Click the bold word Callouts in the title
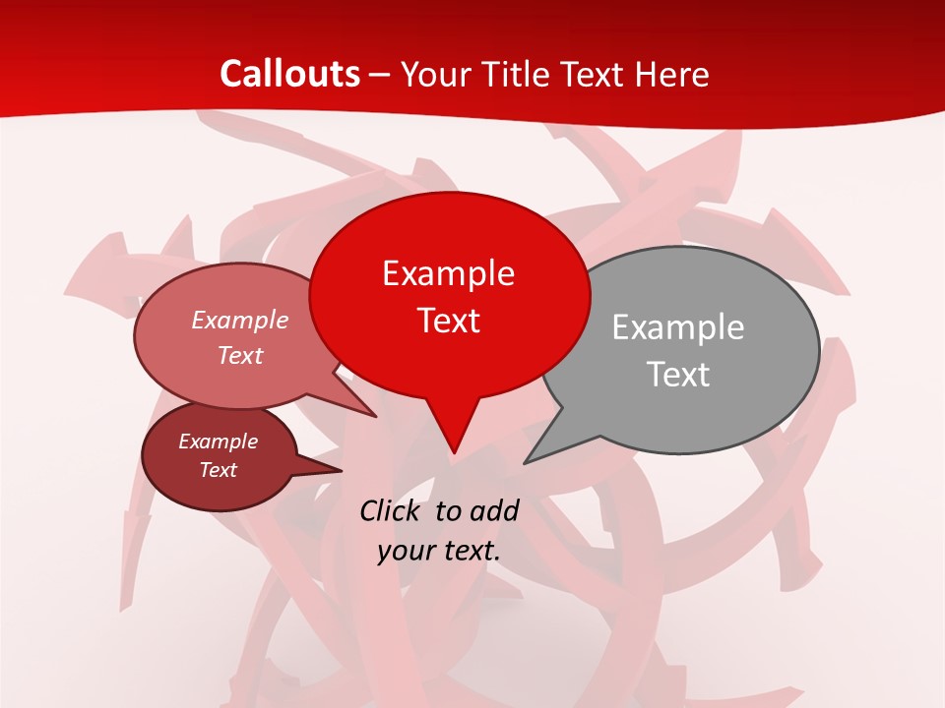289,74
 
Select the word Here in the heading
674,74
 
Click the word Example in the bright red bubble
448,273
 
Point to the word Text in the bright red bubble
448,321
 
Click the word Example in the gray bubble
677,327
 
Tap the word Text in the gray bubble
678,375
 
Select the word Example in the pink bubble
240,320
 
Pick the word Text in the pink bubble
240,355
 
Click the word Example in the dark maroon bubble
218,442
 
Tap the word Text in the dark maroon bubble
218,470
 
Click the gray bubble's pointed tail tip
526,462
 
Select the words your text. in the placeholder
439,551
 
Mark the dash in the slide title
381,75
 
